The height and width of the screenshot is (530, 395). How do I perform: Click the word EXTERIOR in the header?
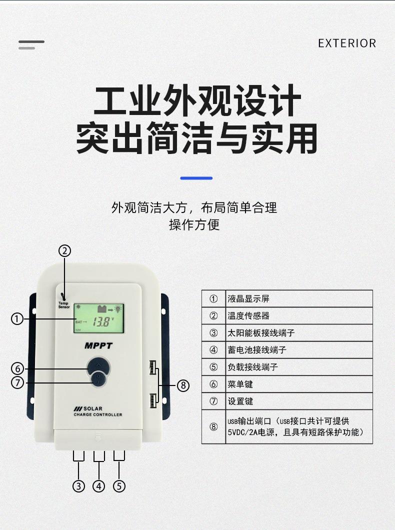point(346,43)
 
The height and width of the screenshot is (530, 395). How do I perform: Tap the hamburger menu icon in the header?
point(31,44)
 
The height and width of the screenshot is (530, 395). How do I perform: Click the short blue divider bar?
point(196,178)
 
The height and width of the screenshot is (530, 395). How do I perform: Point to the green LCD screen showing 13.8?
point(98,318)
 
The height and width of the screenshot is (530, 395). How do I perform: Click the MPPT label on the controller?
point(98,345)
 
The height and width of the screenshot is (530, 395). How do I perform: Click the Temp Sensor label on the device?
point(64,304)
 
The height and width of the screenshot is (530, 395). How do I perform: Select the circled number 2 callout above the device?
point(65,251)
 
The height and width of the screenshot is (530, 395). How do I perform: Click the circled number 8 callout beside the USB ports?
point(183,385)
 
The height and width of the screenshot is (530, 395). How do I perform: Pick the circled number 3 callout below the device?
point(78,485)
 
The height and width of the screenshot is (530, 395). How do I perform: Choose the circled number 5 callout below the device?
point(119,485)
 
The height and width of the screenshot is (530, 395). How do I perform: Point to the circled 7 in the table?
point(213,401)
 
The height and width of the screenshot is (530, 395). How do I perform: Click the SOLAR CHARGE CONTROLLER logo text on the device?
point(97,411)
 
